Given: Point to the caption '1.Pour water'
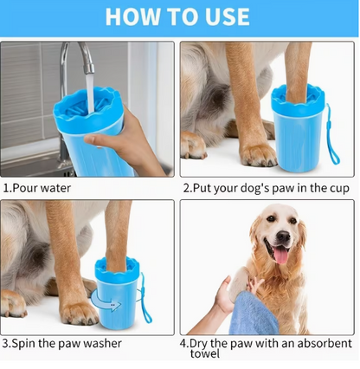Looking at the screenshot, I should coord(37,186).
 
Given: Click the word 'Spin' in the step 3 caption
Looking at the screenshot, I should coord(25,343).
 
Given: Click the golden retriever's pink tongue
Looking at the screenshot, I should coord(280,254).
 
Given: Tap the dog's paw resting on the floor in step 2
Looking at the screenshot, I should coord(258,152).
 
